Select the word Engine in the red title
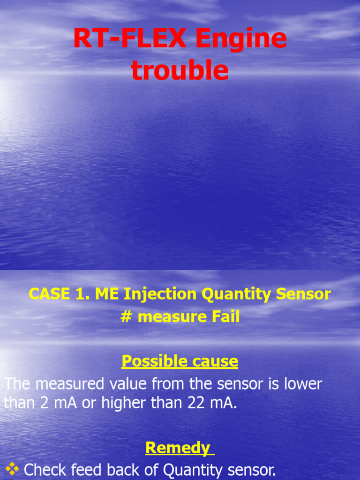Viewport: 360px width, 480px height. click(240, 39)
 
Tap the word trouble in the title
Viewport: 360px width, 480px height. click(180, 71)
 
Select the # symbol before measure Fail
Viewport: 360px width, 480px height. click(126, 317)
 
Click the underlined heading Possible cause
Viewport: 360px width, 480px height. click(180, 361)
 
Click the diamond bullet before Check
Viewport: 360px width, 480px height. click(12, 468)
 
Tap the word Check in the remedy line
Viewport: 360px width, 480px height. click(45, 470)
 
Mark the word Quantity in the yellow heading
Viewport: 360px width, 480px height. click(238, 294)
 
